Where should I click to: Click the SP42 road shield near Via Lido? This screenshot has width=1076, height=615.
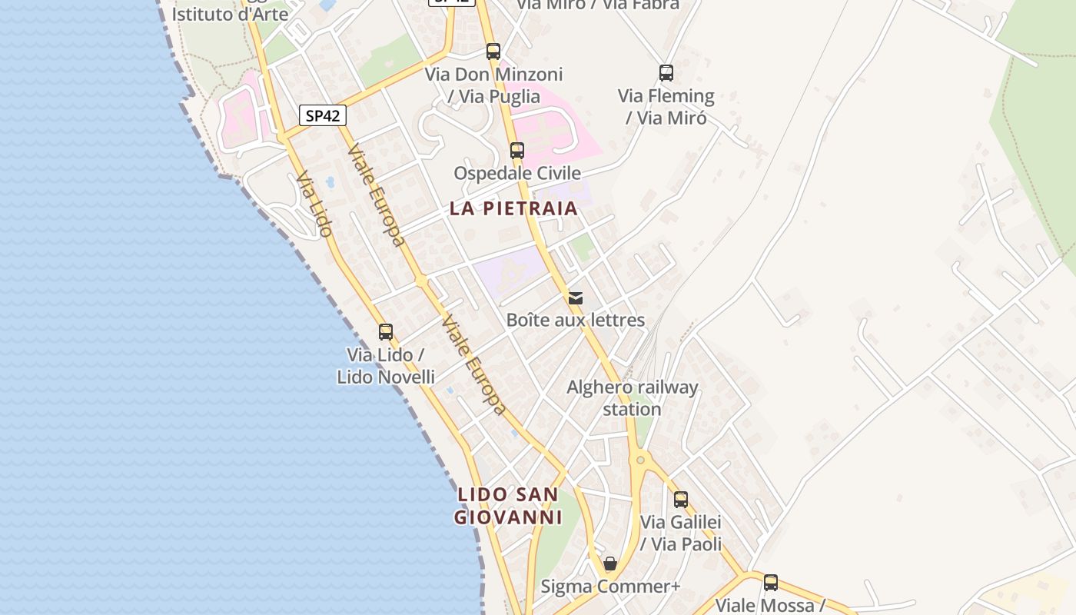[323, 116]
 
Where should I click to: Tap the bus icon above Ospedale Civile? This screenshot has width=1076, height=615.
[517, 151]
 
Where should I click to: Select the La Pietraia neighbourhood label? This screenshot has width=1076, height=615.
[513, 208]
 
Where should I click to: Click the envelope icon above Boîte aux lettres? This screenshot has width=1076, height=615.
[576, 298]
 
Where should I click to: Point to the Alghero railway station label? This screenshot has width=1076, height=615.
[632, 397]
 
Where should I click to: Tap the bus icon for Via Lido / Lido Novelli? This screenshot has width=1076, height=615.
[386, 332]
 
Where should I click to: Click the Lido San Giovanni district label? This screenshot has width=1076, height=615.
[508, 506]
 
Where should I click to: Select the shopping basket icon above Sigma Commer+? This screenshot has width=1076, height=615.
[610, 564]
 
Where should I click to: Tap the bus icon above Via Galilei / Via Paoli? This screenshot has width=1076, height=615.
[681, 500]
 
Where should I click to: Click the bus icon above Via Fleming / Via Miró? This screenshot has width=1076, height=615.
[666, 73]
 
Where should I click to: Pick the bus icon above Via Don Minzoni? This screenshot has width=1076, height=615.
[493, 52]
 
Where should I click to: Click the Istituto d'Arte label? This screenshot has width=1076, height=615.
[230, 14]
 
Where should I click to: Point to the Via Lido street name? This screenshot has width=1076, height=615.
[314, 204]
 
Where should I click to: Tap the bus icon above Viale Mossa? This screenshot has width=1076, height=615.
[771, 583]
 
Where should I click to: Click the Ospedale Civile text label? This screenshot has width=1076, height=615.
[517, 173]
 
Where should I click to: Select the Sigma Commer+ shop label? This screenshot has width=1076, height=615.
[611, 587]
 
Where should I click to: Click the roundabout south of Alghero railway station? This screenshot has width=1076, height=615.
[640, 460]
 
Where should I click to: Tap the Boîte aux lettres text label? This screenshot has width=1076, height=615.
[576, 320]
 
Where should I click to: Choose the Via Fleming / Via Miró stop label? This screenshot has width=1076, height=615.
[666, 107]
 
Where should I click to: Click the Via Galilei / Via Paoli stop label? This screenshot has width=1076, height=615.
[681, 533]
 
